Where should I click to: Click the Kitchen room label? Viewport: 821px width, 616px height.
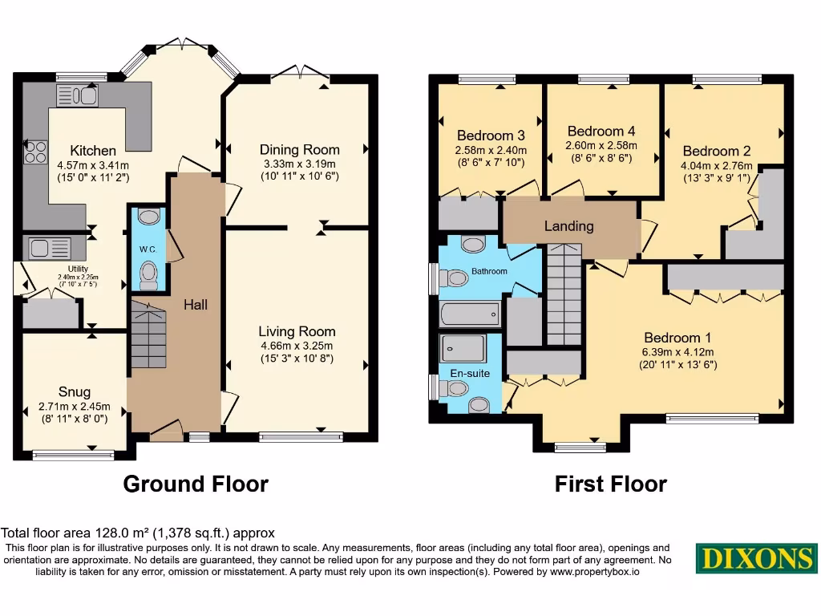pyautogui.click(x=93, y=150)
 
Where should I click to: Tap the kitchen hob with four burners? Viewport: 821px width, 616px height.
pyautogui.click(x=35, y=152)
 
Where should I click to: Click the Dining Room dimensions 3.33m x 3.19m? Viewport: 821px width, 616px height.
pyautogui.click(x=299, y=164)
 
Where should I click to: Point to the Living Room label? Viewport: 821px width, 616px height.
pyautogui.click(x=297, y=331)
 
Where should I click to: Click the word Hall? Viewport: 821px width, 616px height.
pyautogui.click(x=195, y=305)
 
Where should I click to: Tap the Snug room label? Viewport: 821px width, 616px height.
pyautogui.click(x=75, y=393)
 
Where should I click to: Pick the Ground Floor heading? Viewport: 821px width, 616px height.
pyautogui.click(x=195, y=484)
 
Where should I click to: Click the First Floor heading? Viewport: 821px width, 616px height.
pyautogui.click(x=610, y=484)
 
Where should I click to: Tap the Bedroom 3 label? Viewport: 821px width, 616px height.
pyautogui.click(x=491, y=136)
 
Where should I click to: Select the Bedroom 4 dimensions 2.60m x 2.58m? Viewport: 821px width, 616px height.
pyautogui.click(x=601, y=145)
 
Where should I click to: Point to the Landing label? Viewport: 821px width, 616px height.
pyautogui.click(x=568, y=226)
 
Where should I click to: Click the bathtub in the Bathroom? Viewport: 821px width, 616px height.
pyautogui.click(x=470, y=312)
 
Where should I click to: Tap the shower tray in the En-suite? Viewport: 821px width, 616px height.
pyautogui.click(x=463, y=348)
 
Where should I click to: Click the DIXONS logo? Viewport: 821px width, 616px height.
pyautogui.click(x=755, y=558)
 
